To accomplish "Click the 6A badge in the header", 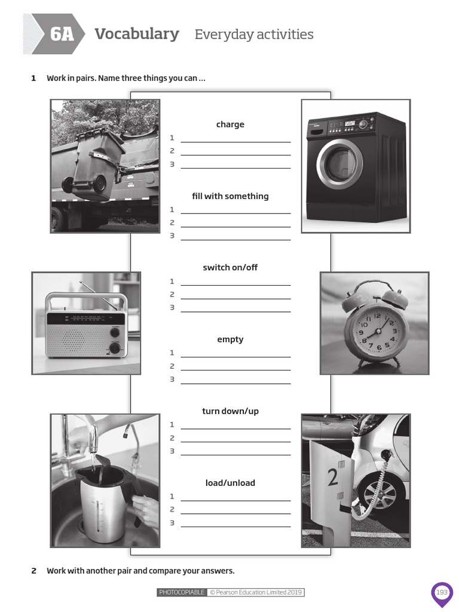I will pyautogui.click(x=62, y=34).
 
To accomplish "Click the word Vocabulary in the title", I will pyautogui.click(x=137, y=34).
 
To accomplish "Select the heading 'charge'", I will pyautogui.click(x=230, y=124).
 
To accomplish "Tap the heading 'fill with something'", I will pyautogui.click(x=230, y=196).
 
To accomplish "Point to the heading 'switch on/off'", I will pyautogui.click(x=230, y=267).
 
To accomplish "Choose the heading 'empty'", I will pyautogui.click(x=230, y=339).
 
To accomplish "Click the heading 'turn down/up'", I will pyautogui.click(x=230, y=411).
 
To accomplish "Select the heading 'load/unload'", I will pyautogui.click(x=230, y=483).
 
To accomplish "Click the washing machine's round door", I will pyautogui.click(x=339, y=164).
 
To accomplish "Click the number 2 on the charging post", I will pyautogui.click(x=333, y=477).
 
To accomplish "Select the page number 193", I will pyautogui.click(x=442, y=592).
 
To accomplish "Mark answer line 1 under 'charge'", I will pyautogui.click(x=235, y=141).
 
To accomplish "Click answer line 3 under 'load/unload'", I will pyautogui.click(x=235, y=526).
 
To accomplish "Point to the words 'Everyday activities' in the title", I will pyautogui.click(x=254, y=35).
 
